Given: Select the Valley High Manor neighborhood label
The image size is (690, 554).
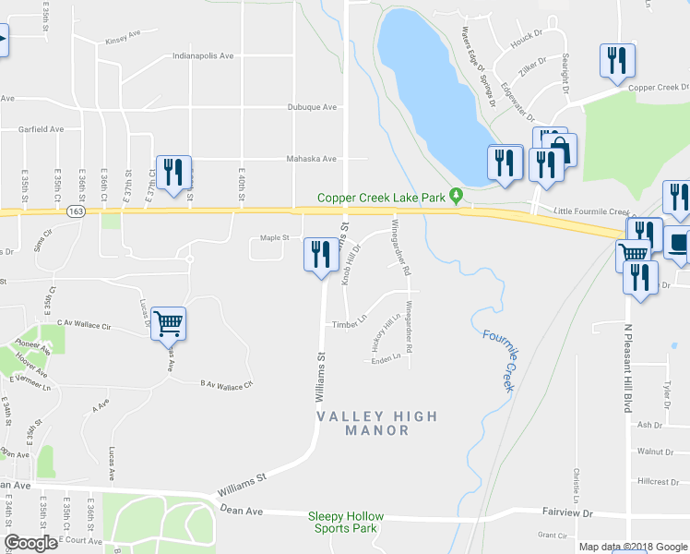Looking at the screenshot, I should point(376,424).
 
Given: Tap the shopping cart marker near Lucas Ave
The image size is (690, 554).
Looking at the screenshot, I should point(169,324).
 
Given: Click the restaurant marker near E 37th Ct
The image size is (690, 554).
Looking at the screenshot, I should point(172,172).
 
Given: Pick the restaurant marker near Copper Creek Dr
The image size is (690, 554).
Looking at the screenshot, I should point(614,61).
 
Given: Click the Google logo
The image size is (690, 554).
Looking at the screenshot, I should point(30,543).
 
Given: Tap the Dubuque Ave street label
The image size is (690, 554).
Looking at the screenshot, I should point(311,107).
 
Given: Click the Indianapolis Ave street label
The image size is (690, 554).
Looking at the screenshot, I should point(203,56).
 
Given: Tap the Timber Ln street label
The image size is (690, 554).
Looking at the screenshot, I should point(350,324).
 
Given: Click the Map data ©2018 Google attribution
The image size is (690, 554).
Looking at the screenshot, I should point(633,547).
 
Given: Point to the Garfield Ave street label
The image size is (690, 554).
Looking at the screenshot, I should point(42,130).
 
